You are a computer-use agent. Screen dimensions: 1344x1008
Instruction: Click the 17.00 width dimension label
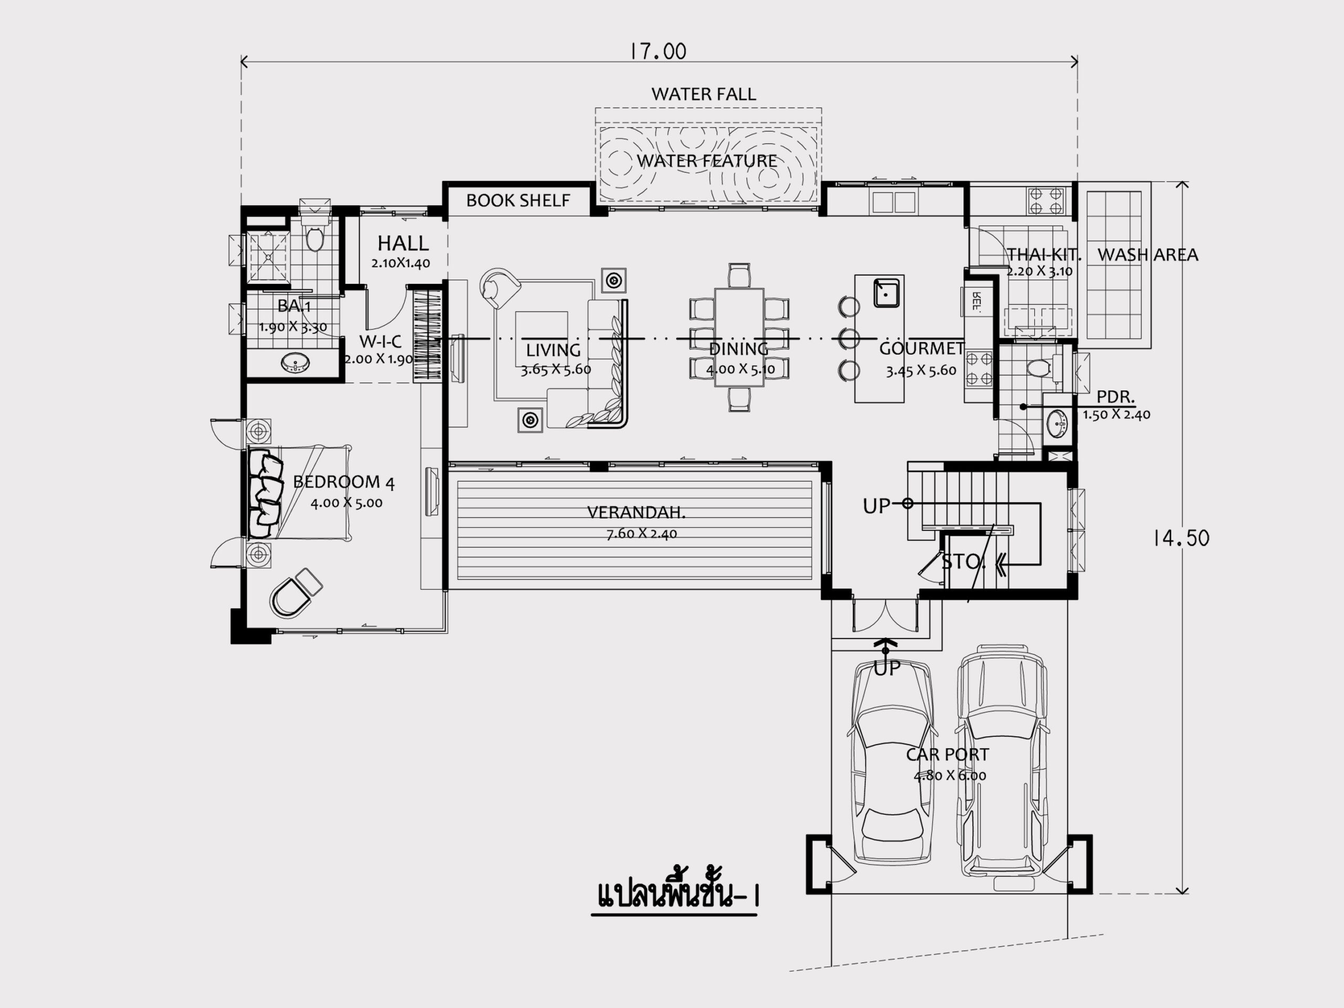tap(658, 51)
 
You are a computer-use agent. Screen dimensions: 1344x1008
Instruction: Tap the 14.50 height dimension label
tap(1181, 538)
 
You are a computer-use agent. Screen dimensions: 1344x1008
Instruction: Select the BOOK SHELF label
tap(518, 200)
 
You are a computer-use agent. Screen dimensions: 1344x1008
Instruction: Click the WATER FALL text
tap(703, 94)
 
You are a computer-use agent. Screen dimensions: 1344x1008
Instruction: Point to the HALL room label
tap(403, 243)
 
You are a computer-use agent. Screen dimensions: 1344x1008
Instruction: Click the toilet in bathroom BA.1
tap(314, 236)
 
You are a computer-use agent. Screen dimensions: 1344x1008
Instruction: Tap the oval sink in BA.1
tap(295, 363)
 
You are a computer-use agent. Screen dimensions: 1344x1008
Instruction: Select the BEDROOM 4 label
tap(344, 482)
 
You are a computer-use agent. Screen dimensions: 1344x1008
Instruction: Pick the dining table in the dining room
tap(739, 337)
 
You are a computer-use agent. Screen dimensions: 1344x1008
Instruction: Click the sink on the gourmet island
tap(887, 293)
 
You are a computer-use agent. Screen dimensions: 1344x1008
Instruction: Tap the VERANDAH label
tap(636, 513)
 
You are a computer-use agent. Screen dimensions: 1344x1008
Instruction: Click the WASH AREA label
tap(1148, 254)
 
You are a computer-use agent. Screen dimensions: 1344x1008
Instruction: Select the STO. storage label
tap(963, 563)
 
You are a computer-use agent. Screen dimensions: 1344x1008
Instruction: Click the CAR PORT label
tap(948, 754)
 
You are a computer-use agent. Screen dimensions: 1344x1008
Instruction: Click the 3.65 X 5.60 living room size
tap(556, 370)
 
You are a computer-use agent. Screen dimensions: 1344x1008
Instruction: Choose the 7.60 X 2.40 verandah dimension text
tap(642, 534)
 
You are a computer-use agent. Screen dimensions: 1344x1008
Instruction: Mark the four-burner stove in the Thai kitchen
tap(1046, 201)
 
